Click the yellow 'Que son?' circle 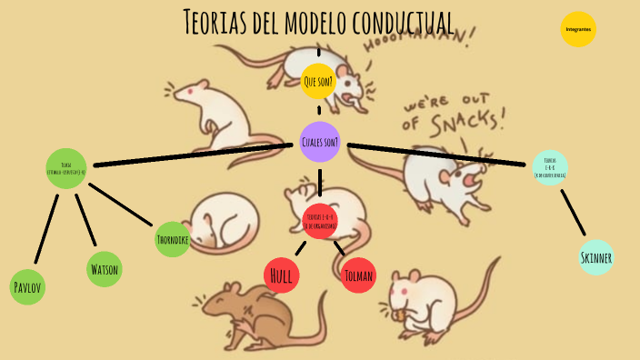318,82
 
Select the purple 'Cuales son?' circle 319,142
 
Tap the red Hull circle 281,275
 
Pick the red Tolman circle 358,275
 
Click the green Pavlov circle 27,287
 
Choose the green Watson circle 104,270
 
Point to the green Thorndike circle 172,239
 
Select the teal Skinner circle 596,257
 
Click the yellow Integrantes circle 578,29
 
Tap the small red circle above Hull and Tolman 320,219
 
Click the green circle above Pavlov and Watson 66,168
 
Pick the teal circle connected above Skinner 550,167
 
